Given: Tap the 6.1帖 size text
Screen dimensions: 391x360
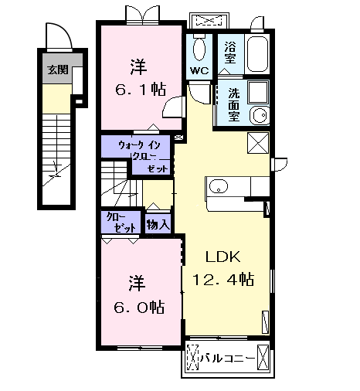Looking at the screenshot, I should coord(140,90).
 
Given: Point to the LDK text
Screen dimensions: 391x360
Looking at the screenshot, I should coord(221,257).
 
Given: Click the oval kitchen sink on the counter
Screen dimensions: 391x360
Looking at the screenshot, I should coord(219,186).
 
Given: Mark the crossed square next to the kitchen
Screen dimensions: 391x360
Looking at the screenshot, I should coord(259,144).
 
